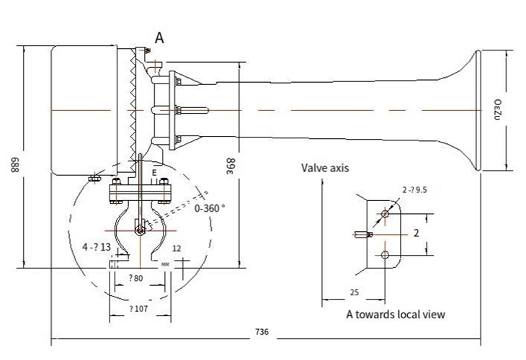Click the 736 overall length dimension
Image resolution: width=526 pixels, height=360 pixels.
coord(262,333)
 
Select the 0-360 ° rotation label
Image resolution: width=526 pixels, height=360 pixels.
coord(210,207)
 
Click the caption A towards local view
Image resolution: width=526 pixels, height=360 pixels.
coord(396,314)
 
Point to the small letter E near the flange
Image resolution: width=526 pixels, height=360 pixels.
coord(154,173)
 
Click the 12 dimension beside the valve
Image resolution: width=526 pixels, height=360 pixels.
coord(177,248)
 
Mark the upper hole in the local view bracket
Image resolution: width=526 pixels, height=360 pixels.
coord(387,214)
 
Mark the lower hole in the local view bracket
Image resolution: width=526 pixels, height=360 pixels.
coord(387,255)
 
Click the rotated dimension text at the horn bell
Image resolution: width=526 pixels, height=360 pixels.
coord(496,109)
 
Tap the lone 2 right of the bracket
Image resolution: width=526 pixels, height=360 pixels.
coord(416,234)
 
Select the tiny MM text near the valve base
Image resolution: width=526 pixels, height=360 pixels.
coord(166,265)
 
